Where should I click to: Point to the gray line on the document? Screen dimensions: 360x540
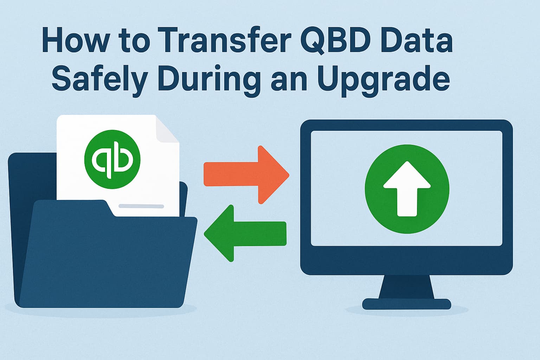coord(141,206)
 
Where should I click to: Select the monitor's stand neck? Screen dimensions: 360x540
coord(406,287)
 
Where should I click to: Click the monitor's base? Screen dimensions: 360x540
coord(406,304)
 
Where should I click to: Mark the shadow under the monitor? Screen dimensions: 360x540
coord(406,311)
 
